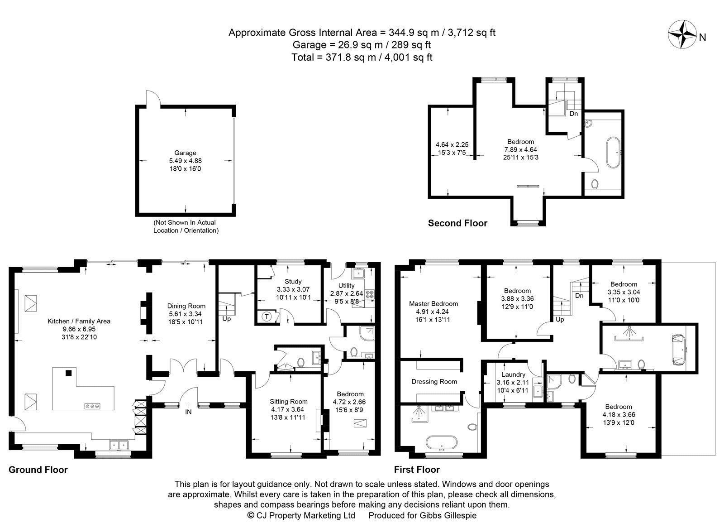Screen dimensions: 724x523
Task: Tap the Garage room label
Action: pyautogui.click(x=185, y=153)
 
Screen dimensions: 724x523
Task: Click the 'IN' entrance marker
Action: pyautogui.click(x=188, y=412)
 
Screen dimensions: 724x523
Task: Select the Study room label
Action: pyautogui.click(x=293, y=281)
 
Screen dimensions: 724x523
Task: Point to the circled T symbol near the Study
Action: pyautogui.click(x=267, y=317)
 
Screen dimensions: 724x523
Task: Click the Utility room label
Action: pyautogui.click(x=347, y=286)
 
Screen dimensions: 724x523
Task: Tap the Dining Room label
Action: pyautogui.click(x=186, y=306)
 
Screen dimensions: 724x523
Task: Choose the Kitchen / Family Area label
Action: pyautogui.click(x=79, y=321)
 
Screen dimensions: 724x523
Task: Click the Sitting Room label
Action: pyautogui.click(x=289, y=401)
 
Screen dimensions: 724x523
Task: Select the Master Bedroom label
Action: pyautogui.click(x=433, y=304)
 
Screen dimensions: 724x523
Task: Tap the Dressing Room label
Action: pyautogui.click(x=434, y=382)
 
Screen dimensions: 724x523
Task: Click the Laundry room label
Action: pyautogui.click(x=513, y=374)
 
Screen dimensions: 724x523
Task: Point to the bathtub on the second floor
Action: pyautogui.click(x=613, y=153)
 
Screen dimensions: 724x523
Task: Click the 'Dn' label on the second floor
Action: pyautogui.click(x=574, y=114)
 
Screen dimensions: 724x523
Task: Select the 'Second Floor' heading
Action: pyautogui.click(x=457, y=223)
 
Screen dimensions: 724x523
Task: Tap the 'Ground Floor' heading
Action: pyautogui.click(x=38, y=470)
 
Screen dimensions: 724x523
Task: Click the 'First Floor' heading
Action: pyautogui.click(x=417, y=470)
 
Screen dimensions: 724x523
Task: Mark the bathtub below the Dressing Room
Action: pyautogui.click(x=442, y=443)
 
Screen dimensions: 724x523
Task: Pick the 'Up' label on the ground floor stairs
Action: pyautogui.click(x=227, y=319)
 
